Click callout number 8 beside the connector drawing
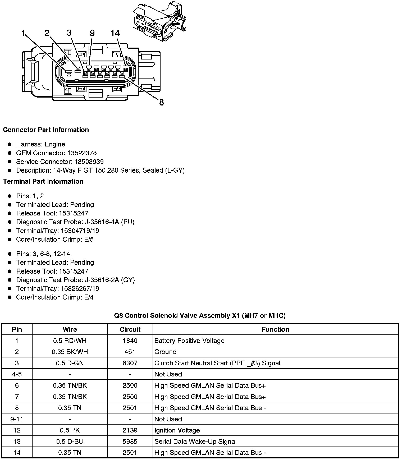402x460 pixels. (161, 102)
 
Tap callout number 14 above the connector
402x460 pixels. (115, 33)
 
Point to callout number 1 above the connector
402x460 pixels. (24, 33)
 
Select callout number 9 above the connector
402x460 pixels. (92, 33)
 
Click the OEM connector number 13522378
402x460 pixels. (82, 153)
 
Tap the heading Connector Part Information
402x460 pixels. (46, 130)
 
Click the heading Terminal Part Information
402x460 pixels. (43, 181)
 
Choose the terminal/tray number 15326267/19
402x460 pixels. (80, 288)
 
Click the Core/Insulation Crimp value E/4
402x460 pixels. (89, 297)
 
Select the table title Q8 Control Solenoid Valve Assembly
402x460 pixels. (200, 315)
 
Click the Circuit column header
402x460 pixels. (130, 329)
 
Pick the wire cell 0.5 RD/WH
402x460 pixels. (70, 341)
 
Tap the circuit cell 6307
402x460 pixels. (130, 363)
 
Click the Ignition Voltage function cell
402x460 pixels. (177, 430)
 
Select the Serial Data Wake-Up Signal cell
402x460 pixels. (195, 441)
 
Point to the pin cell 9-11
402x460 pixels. (17, 419)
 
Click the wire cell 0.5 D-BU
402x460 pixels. (70, 441)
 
